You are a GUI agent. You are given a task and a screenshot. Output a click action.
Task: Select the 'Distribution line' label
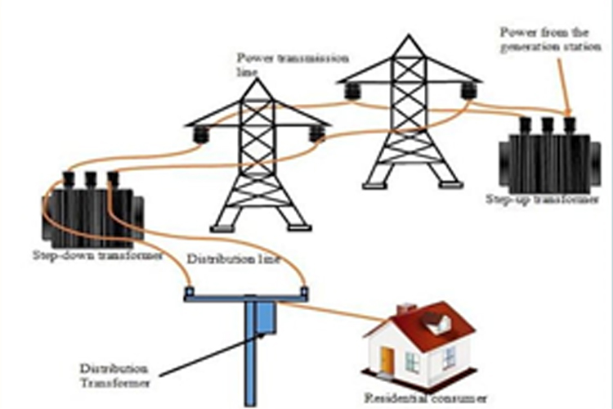(234, 260)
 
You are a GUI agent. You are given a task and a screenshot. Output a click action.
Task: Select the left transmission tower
(258, 164)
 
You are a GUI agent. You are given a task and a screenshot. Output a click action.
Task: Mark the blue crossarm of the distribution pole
(245, 296)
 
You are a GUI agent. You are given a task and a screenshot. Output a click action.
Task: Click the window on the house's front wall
(414, 360)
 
